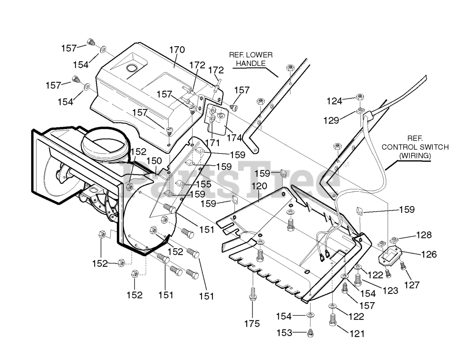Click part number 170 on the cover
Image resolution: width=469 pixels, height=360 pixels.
(177, 50)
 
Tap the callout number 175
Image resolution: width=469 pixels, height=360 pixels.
(252, 323)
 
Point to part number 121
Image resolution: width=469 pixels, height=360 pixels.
(357, 333)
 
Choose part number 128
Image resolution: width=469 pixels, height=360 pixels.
(424, 235)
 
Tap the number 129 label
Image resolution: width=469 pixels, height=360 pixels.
(331, 120)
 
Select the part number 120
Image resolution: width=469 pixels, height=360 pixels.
(259, 186)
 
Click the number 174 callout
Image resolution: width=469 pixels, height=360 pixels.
(234, 138)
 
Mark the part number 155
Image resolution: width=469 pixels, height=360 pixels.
(203, 184)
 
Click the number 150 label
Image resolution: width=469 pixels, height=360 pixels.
(154, 161)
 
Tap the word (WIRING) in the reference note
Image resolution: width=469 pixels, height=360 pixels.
(415, 155)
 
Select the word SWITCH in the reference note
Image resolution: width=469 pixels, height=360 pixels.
(433, 147)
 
